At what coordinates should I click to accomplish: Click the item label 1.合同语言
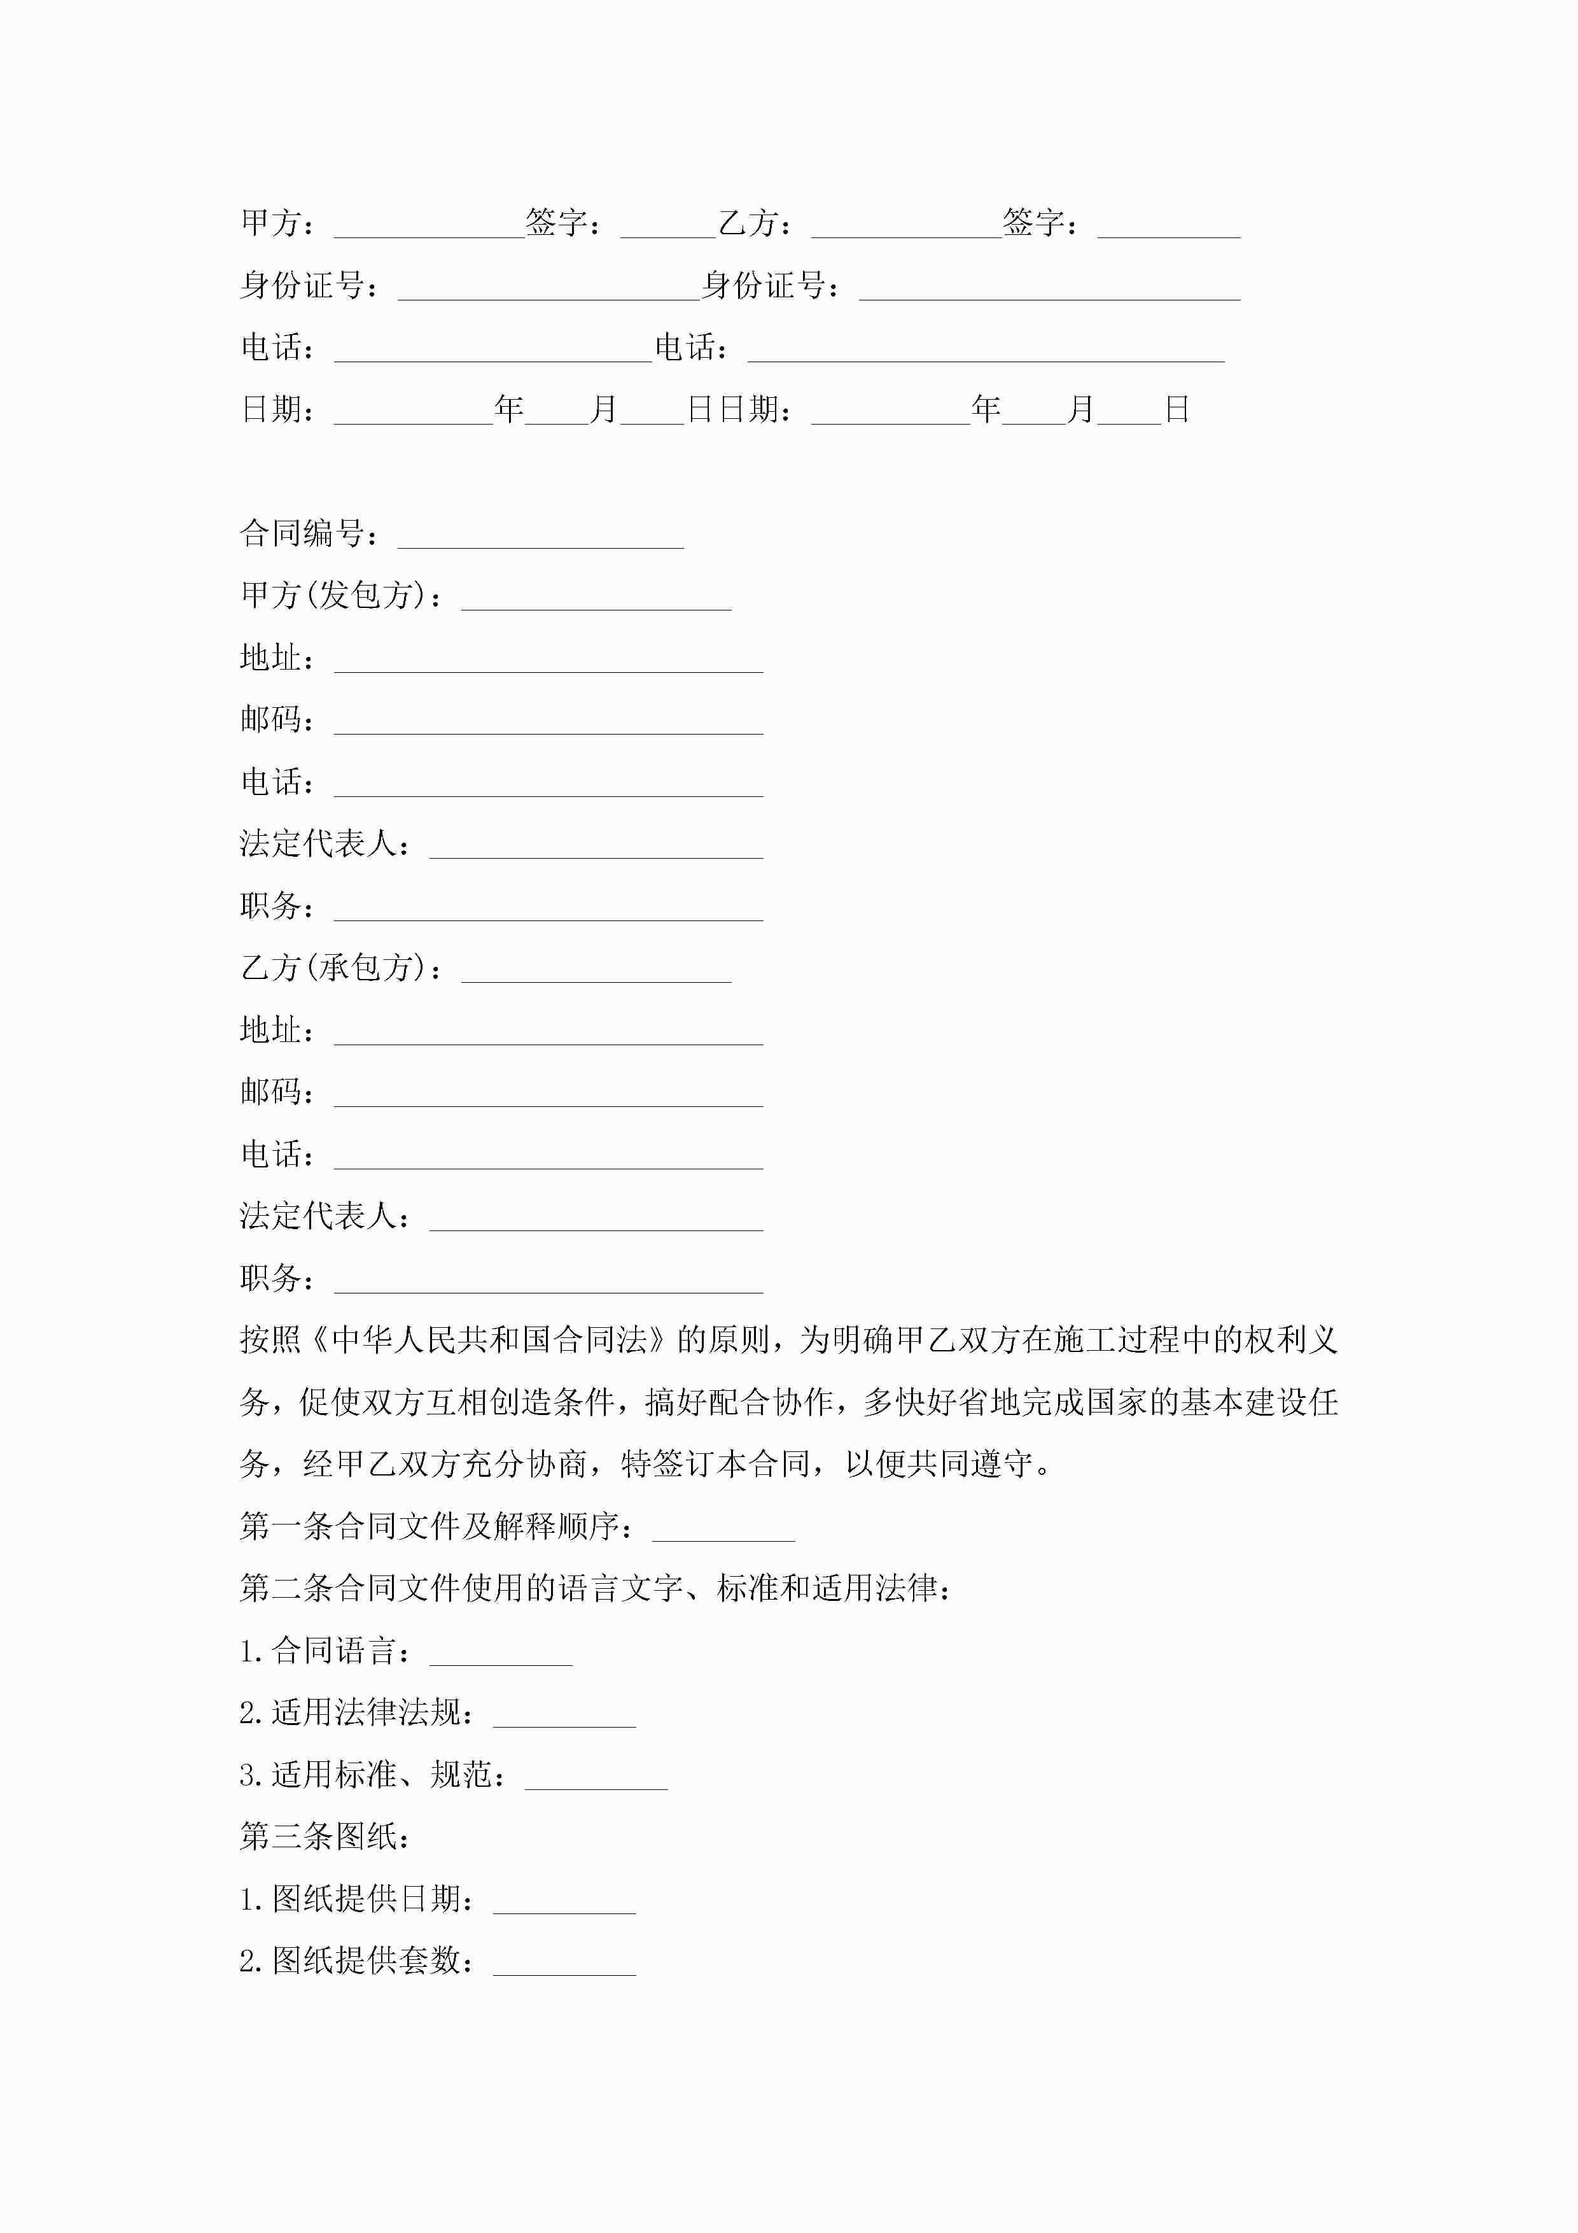[318, 1651]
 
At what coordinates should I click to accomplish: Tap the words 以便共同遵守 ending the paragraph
[939, 1463]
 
